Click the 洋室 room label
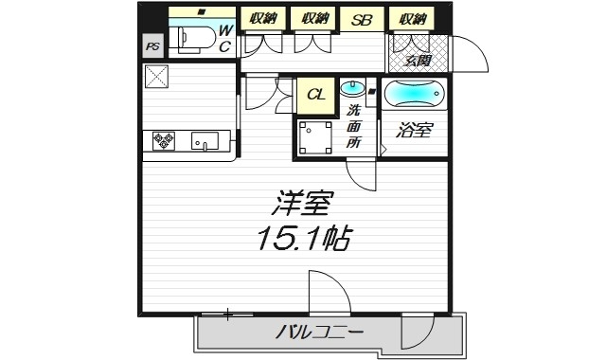[x=302, y=204]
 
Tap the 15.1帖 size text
[x=302, y=239]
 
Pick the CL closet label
[x=315, y=95]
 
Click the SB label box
[x=362, y=19]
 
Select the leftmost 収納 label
[x=264, y=19]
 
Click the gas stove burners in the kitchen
[x=163, y=142]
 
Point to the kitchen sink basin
[x=205, y=142]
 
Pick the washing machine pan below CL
[x=315, y=137]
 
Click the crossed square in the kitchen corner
[x=157, y=77]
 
